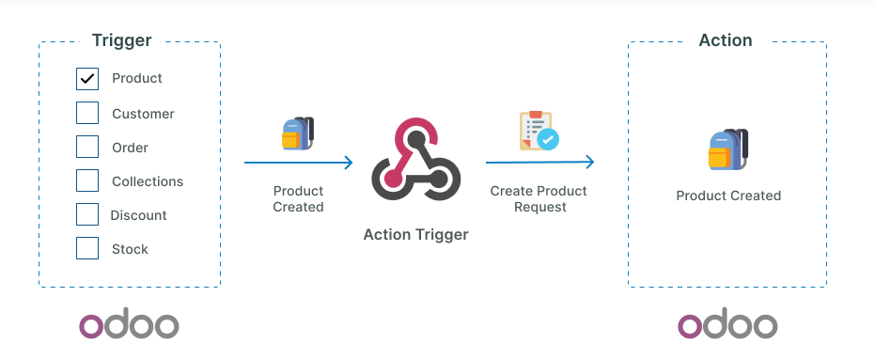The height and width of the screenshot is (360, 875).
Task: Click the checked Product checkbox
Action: [x=87, y=79]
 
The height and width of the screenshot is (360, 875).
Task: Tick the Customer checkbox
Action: [x=87, y=114]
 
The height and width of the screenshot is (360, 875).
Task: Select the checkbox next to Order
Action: [x=87, y=148]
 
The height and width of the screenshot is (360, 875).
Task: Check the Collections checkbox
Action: [x=87, y=181]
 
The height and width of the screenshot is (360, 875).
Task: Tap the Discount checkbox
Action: [x=87, y=215]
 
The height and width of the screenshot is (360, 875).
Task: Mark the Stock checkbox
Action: [x=87, y=249]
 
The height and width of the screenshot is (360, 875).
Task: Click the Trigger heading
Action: [x=121, y=40]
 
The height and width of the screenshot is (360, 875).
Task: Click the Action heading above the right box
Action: [x=726, y=40]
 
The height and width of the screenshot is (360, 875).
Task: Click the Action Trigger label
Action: [x=415, y=234]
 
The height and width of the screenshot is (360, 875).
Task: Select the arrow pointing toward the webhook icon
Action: [x=298, y=163]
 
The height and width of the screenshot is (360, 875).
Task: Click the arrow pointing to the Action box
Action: [x=539, y=163]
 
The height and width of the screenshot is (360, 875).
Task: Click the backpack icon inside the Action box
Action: [x=727, y=150]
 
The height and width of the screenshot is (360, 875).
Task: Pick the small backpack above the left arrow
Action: [x=298, y=133]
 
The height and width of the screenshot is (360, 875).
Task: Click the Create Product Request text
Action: [x=539, y=198]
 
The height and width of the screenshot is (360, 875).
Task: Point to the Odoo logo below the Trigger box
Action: [x=129, y=325]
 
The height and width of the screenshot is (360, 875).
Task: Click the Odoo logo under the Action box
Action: [x=727, y=325]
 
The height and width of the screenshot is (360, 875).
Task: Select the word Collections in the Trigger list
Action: [x=148, y=181]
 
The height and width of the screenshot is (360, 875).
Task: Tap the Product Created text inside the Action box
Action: [x=728, y=196]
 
